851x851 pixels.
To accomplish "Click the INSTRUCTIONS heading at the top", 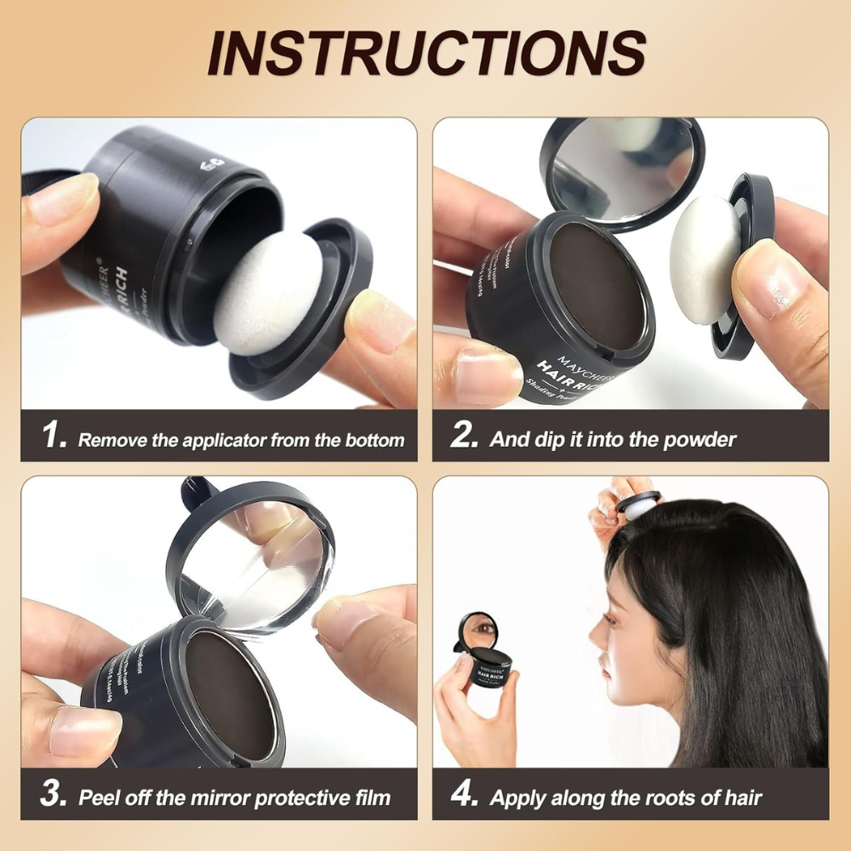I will (425, 53).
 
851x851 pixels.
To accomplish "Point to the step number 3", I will (54, 796).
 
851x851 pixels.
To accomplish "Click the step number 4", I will (465, 796).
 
